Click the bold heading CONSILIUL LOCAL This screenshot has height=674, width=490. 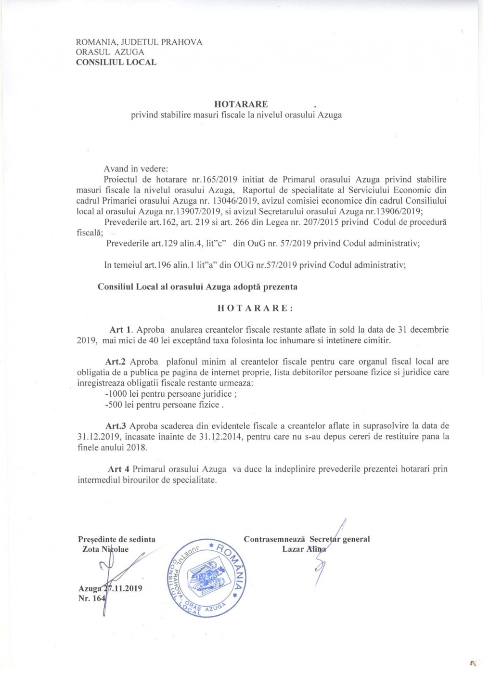tap(116, 62)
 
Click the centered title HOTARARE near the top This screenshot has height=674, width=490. tap(241, 104)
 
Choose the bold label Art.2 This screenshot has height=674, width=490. tap(116, 362)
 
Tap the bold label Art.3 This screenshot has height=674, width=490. tap(116, 426)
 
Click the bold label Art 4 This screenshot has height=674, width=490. tap(118, 469)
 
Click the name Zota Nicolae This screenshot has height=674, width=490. tap(105, 549)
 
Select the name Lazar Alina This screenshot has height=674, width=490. tap(304, 549)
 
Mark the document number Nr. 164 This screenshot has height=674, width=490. tap(91, 598)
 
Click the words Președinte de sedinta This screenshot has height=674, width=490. tap(116, 539)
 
